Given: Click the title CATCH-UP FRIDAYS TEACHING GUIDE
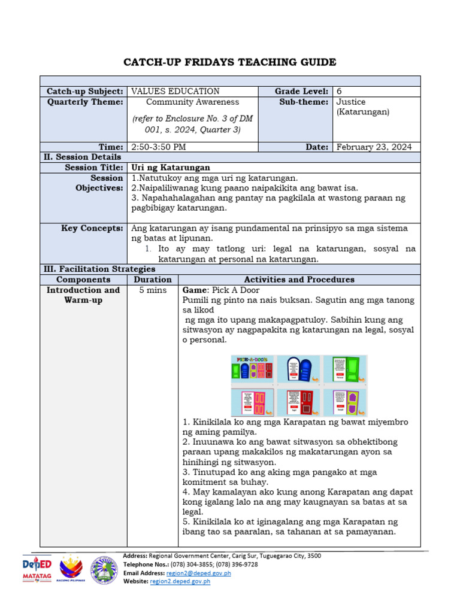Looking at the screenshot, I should pos(229,62).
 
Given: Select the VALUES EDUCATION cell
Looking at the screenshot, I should pos(175,92).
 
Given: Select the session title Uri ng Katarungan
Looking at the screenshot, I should pos(170,168).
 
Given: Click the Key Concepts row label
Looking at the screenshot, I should pos(92,229).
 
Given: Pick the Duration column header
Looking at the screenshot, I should pos(153,280).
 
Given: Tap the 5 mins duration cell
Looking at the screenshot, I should pos(153,290).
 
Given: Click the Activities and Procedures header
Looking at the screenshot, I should pos(299,280).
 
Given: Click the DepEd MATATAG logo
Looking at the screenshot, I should pos(37,570).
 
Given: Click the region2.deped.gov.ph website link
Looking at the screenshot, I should pos(180,581).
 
